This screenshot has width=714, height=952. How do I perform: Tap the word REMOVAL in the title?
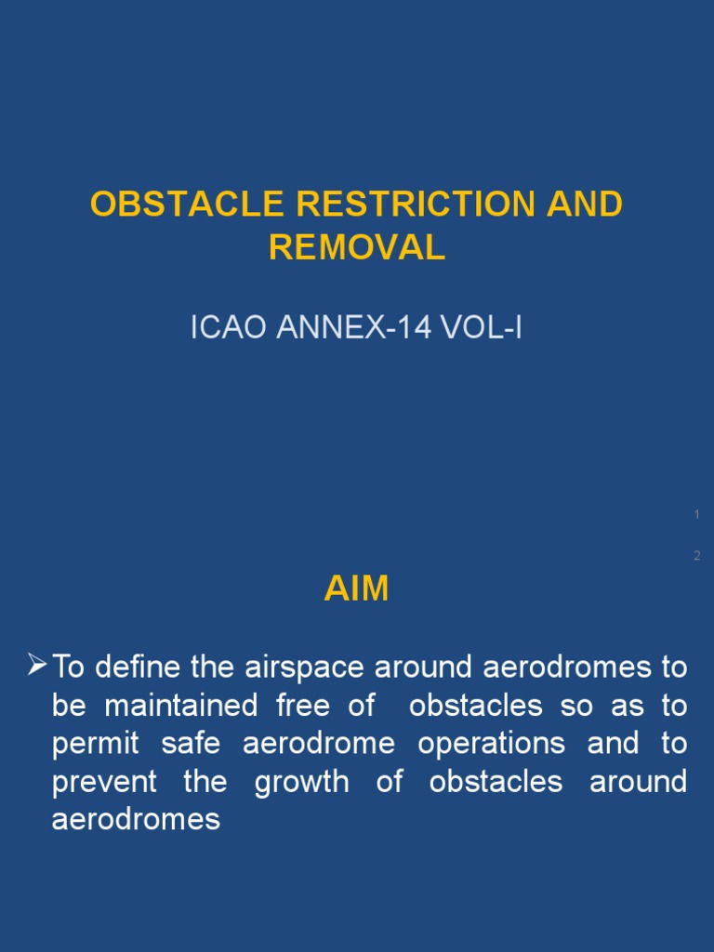pyautogui.click(x=357, y=246)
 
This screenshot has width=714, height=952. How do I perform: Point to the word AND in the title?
pyautogui.click(x=585, y=205)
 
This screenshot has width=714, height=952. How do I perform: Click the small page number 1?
pyautogui.click(x=696, y=514)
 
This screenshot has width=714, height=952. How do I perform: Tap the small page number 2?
pyautogui.click(x=696, y=556)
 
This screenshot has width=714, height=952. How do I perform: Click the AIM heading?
pyautogui.click(x=356, y=589)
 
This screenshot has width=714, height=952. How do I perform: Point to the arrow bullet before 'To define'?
pyautogui.click(x=37, y=665)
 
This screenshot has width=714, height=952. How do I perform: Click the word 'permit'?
pyautogui.click(x=95, y=744)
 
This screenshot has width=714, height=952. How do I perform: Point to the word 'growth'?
pyautogui.click(x=301, y=782)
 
